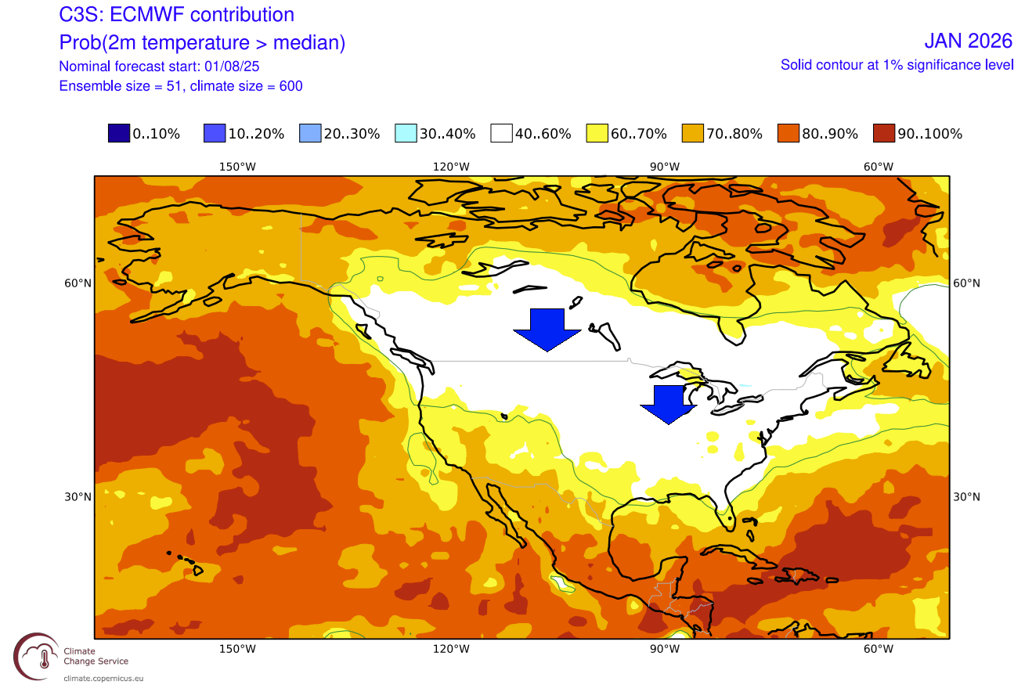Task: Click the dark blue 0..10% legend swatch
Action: point(119,134)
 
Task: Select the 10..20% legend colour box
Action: point(215,134)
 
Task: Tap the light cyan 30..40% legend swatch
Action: point(406,134)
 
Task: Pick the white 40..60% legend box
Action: point(501,134)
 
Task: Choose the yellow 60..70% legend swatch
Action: point(597,134)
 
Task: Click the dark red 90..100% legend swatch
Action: point(883,134)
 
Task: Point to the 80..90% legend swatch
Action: point(788,134)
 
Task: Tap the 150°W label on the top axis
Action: point(237,166)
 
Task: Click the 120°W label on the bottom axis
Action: point(452,649)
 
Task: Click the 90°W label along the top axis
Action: point(664,166)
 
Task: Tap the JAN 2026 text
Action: point(968,41)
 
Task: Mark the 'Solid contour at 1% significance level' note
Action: point(897,65)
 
